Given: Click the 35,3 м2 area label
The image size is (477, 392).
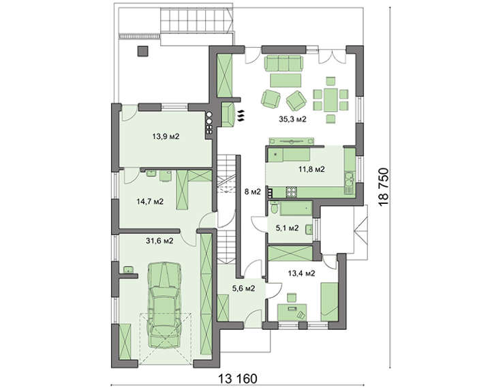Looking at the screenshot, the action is coord(292,119).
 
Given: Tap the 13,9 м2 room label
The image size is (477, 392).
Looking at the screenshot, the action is coord(166,136).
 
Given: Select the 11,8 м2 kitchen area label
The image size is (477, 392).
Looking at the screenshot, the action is coord(311,169).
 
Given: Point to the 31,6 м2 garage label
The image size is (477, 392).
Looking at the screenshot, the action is coord(159,241).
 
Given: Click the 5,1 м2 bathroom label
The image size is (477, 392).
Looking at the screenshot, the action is coord(287,228).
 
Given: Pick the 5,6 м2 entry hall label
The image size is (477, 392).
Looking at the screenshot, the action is coord(243,288).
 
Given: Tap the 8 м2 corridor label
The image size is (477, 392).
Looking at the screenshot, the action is coord(253,192).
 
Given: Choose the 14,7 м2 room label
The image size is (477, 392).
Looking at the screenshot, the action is coord(150,202).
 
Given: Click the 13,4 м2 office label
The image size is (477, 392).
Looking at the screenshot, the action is coord(301,273).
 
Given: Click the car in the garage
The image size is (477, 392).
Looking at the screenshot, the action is coord(164,305).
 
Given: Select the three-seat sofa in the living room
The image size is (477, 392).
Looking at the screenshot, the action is coord(283,63).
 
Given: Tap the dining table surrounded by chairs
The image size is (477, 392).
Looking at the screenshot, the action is coord(330,100).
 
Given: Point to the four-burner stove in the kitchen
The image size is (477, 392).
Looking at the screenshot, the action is coord(292,192).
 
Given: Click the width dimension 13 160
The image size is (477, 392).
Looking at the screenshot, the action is coord(238,379).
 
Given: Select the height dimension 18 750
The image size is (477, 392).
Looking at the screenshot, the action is coord(384,187).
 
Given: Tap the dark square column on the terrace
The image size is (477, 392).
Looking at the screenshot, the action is coord(142,51).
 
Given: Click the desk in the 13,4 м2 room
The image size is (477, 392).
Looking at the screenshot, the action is coord(292,312).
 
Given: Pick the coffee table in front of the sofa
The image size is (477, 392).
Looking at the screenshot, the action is coord(286,80).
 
